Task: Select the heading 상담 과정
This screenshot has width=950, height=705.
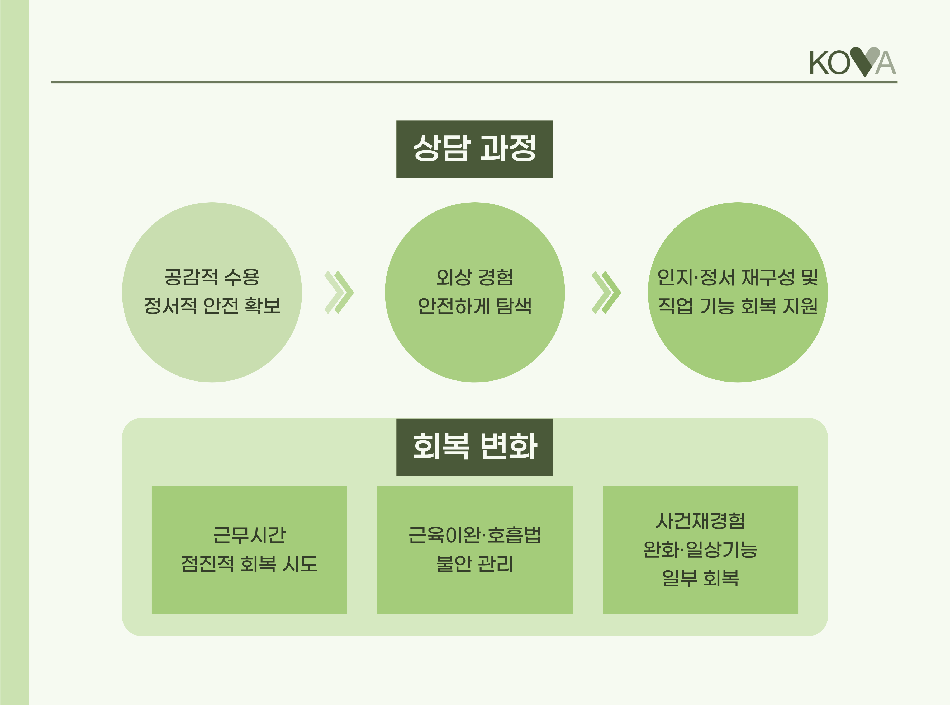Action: [x=474, y=149]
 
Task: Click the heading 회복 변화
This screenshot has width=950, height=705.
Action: [x=474, y=447]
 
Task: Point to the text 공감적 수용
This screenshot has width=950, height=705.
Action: [x=212, y=278]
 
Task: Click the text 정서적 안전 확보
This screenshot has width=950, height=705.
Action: [x=212, y=305]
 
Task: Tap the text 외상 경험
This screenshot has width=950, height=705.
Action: [x=474, y=278]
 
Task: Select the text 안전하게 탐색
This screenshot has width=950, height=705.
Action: [x=474, y=305]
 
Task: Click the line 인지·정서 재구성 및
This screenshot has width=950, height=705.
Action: [x=737, y=278]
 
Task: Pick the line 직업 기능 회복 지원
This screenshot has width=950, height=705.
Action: [x=737, y=305]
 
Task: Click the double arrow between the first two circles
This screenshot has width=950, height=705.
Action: [x=339, y=292]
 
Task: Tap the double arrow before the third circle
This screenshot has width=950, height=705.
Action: [x=606, y=292]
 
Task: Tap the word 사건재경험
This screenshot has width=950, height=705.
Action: [x=700, y=521]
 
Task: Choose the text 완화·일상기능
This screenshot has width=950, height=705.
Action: [x=700, y=549]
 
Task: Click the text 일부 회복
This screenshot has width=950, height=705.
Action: [x=700, y=578]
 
